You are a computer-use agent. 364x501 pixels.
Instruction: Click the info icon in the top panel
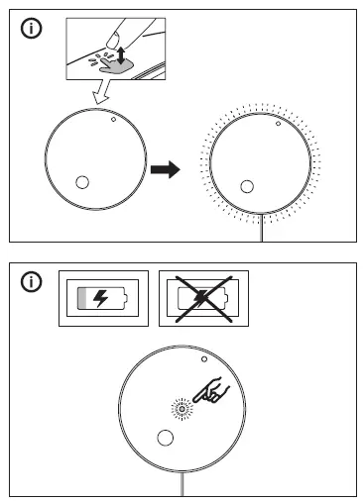33,29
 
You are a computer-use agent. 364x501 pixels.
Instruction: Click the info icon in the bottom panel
33,283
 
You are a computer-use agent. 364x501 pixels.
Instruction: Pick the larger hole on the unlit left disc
81,182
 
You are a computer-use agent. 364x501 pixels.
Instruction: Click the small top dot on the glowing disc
278,126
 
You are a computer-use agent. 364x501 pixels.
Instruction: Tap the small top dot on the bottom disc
203,361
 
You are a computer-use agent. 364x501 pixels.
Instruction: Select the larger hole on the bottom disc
166,439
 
